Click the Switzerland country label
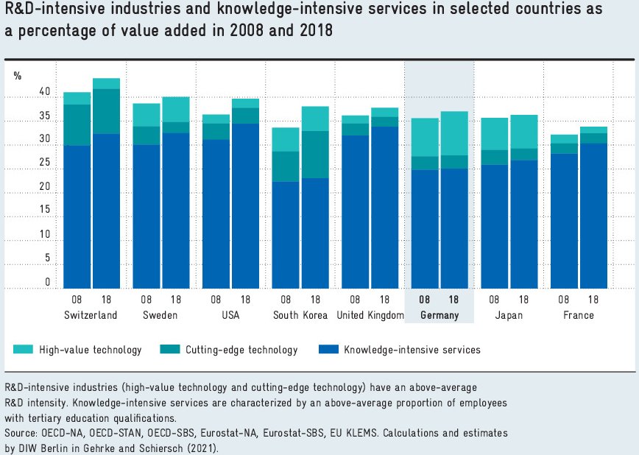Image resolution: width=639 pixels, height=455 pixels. [91, 315]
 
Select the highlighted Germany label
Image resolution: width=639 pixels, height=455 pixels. [439, 315]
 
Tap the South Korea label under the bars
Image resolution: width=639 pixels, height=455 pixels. [300, 315]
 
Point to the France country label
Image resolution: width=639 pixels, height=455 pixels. [579, 315]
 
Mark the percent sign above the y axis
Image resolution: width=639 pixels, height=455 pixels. [18, 75]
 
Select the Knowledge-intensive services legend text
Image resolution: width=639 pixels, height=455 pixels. [412, 350]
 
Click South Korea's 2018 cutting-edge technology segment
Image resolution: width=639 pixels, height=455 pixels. [314, 155]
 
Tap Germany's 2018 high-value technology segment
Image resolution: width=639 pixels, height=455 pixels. [454, 133]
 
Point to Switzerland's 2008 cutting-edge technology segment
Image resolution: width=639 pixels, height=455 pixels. [77, 125]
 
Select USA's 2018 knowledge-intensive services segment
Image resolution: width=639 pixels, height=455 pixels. [245, 206]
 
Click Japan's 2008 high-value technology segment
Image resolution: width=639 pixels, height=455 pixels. [495, 134]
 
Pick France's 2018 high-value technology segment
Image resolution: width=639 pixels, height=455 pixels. [593, 130]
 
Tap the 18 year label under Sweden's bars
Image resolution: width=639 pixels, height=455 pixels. [175, 300]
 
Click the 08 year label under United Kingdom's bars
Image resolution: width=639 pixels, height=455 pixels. [355, 300]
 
